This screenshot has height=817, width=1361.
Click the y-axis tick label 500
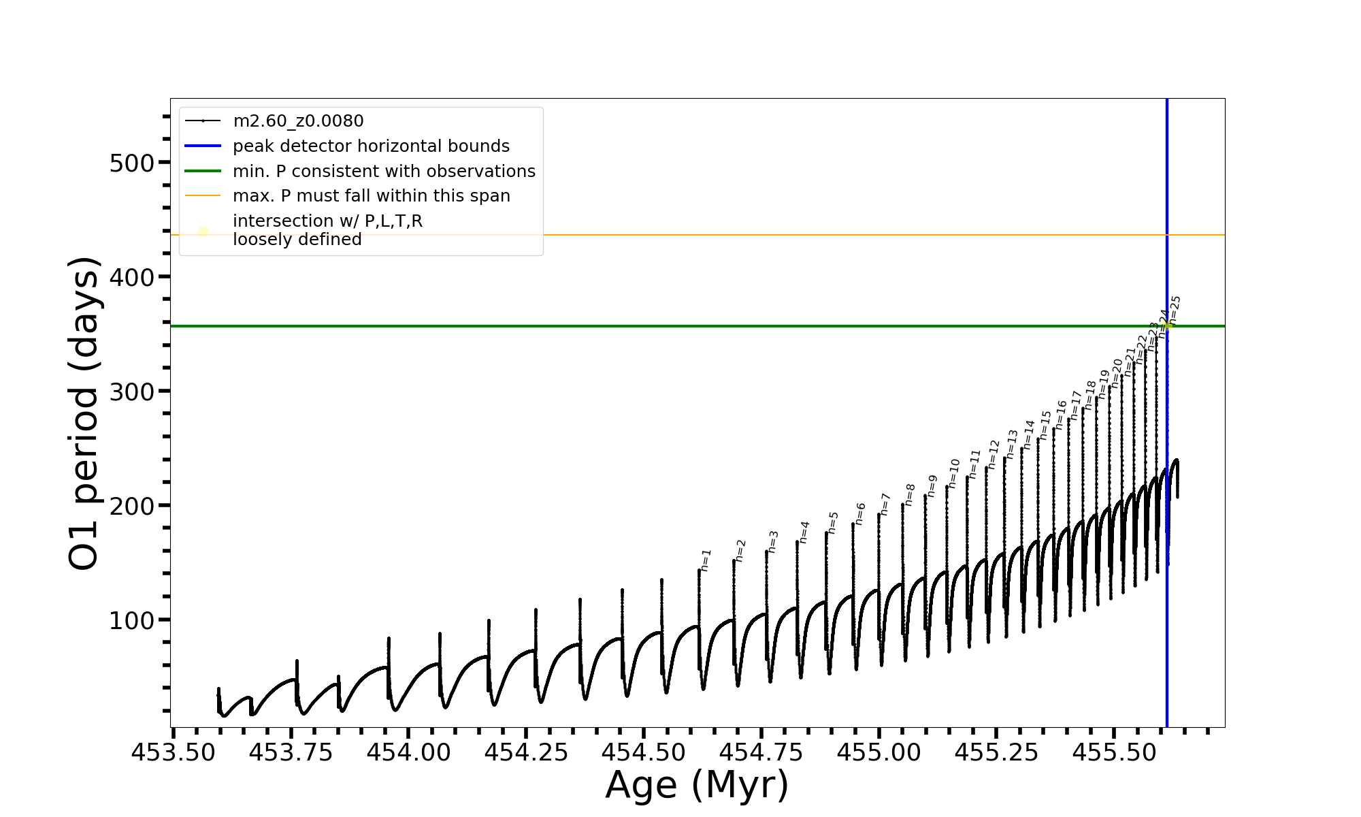pyautogui.click(x=131, y=163)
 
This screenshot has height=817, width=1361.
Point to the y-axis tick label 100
pyautogui.click(x=131, y=621)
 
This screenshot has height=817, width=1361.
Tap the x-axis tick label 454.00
pyautogui.click(x=408, y=752)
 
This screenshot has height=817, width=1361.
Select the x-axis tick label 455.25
pyautogui.click(x=996, y=752)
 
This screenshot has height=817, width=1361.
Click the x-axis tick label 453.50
pyautogui.click(x=174, y=752)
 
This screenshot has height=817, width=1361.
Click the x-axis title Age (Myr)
pyautogui.click(x=697, y=785)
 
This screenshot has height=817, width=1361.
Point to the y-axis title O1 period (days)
pyautogui.click(x=84, y=413)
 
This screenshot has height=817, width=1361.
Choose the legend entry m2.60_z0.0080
pyautogui.click(x=298, y=121)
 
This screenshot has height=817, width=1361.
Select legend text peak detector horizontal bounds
pyautogui.click(x=371, y=146)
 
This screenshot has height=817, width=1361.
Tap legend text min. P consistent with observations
pyautogui.click(x=384, y=172)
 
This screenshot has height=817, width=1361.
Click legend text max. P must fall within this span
pyautogui.click(x=371, y=196)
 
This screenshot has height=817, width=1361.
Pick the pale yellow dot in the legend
pyautogui.click(x=203, y=231)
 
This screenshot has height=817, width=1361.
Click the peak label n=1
pyautogui.click(x=706, y=560)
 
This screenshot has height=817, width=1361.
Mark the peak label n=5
pyautogui.click(x=834, y=522)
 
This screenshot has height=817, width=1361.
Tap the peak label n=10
pyautogui.click(x=954, y=473)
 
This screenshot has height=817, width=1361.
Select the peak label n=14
pyautogui.click(x=1029, y=434)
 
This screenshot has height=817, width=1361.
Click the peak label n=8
pyautogui.click(x=910, y=494)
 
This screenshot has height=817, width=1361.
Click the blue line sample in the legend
pyautogui.click(x=203, y=146)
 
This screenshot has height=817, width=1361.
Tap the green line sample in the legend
pyautogui.click(x=203, y=171)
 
